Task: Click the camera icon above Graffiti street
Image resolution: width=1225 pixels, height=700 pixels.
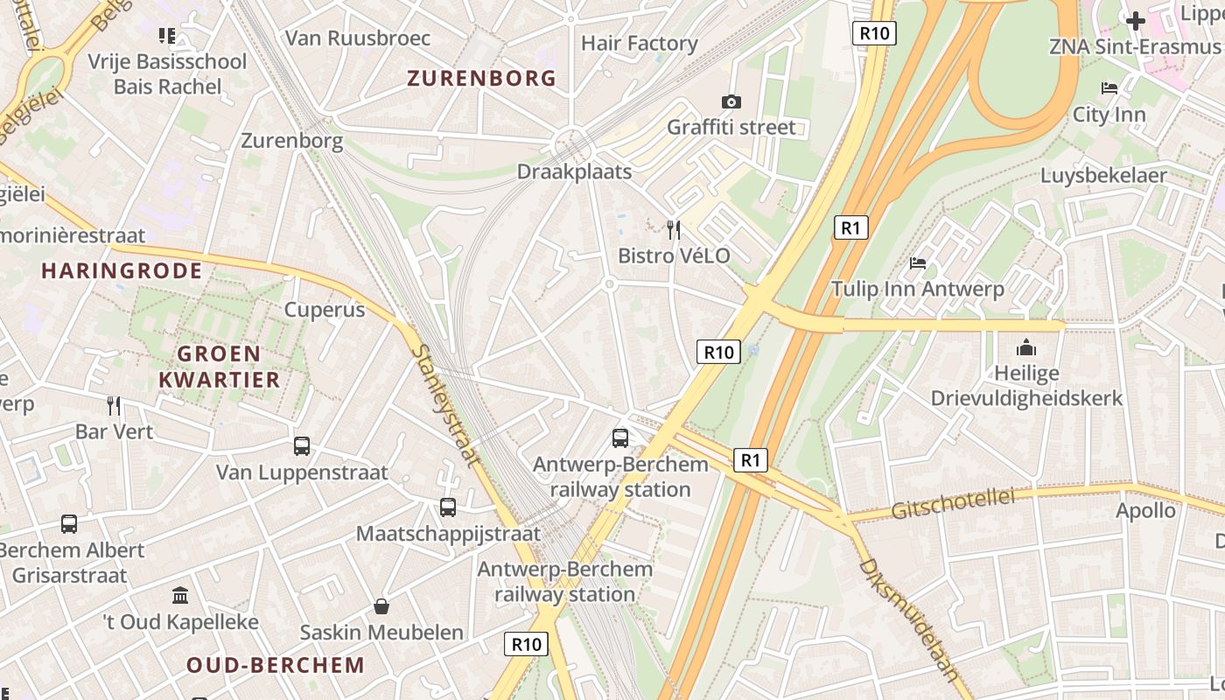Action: (731, 101)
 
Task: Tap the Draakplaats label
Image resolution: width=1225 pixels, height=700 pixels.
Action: (574, 171)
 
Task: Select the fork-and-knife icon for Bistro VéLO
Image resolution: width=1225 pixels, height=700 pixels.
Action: (673, 230)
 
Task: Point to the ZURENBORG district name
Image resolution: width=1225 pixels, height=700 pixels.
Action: (481, 79)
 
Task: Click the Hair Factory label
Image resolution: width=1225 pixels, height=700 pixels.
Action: (639, 43)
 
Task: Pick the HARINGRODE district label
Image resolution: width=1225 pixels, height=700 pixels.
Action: (122, 271)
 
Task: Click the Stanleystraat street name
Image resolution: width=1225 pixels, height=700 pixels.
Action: (445, 405)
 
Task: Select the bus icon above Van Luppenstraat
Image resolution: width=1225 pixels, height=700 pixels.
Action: (302, 446)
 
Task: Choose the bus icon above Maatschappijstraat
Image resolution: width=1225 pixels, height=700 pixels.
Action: (447, 507)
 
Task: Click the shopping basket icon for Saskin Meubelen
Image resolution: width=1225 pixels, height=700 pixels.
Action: (381, 606)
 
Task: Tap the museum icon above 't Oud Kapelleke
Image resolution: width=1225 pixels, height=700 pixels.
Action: (180, 596)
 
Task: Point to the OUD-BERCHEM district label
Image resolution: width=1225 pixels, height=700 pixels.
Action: (276, 665)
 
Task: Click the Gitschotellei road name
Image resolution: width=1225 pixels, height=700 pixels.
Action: (953, 504)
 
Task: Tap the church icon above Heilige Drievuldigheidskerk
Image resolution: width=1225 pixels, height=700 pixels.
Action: (1026, 347)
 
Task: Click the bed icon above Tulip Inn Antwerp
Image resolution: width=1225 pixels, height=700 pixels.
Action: (917, 262)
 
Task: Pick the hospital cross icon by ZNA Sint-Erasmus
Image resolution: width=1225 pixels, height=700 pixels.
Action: (1136, 20)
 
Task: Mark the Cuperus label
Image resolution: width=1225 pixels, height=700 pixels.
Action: (325, 310)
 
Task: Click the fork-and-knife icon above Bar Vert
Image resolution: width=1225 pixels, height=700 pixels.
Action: (114, 405)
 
